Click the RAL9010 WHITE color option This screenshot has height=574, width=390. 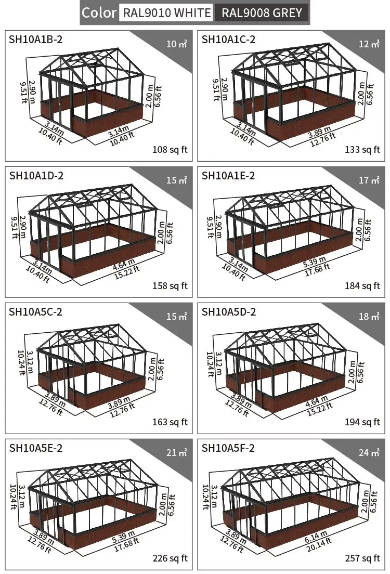[166, 13]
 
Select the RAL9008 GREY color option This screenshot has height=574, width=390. [262, 13]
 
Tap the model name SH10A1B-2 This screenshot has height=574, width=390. [35, 39]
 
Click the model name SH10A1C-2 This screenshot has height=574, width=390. [228, 39]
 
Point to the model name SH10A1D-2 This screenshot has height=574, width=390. [36, 176]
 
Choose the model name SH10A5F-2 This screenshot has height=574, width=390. [228, 448]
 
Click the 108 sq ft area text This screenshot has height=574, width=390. [170, 149]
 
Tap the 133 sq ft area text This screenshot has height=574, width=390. [362, 149]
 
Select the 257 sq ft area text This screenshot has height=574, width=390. [362, 558]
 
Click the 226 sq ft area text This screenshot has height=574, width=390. [170, 558]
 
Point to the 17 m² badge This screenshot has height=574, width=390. [369, 180]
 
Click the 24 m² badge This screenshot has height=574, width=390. [369, 452]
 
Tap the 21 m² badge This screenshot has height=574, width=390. [176, 452]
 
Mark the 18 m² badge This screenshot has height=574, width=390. [369, 316]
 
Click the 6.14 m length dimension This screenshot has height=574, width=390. [316, 537]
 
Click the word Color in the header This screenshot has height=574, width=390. [98, 13]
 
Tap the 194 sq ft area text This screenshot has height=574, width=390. [362, 422]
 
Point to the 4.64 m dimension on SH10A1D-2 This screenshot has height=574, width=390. [124, 265]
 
